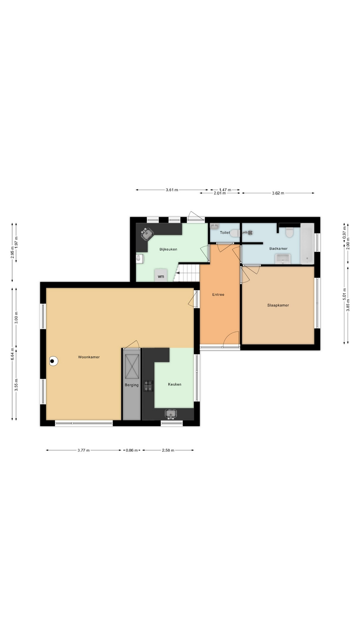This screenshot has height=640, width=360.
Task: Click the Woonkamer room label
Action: pyautogui.click(x=89, y=357)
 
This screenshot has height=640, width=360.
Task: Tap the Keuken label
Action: pyautogui.click(x=175, y=384)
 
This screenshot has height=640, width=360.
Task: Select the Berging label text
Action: pyautogui.click(x=132, y=385)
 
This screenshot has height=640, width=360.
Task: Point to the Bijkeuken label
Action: pyautogui.click(x=168, y=249)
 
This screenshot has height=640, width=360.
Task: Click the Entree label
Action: pyautogui.click(x=218, y=295)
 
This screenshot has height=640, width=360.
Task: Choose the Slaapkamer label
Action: pyautogui.click(x=278, y=305)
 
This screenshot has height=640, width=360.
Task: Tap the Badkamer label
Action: pyautogui.click(x=278, y=249)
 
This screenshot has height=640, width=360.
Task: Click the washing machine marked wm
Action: pyautogui.click(x=161, y=275)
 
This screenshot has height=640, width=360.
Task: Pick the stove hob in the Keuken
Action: pyautogui.click(x=148, y=386)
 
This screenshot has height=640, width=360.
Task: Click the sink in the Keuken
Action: pyautogui.click(x=171, y=414)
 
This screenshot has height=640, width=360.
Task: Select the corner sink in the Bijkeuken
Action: pyautogui.click(x=147, y=234)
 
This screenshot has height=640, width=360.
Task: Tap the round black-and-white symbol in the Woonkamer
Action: pyautogui.click(x=53, y=361)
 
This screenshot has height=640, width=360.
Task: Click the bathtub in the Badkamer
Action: pyautogui.click(x=307, y=244)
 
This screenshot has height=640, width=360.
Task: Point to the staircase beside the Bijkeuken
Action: pyautogui.click(x=187, y=272)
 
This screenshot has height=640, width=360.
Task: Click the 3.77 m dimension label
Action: pyautogui.click(x=84, y=450)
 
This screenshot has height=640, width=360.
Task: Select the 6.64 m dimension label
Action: pyautogui.click(x=12, y=354)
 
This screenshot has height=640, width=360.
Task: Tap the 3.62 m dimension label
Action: pyautogui.click(x=278, y=193)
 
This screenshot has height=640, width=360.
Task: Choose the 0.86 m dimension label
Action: pyautogui.click(x=132, y=450)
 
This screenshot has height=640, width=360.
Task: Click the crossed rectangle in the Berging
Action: pyautogui.click(x=132, y=367)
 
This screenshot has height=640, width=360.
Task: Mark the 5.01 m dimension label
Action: pyautogui.click(x=344, y=294)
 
